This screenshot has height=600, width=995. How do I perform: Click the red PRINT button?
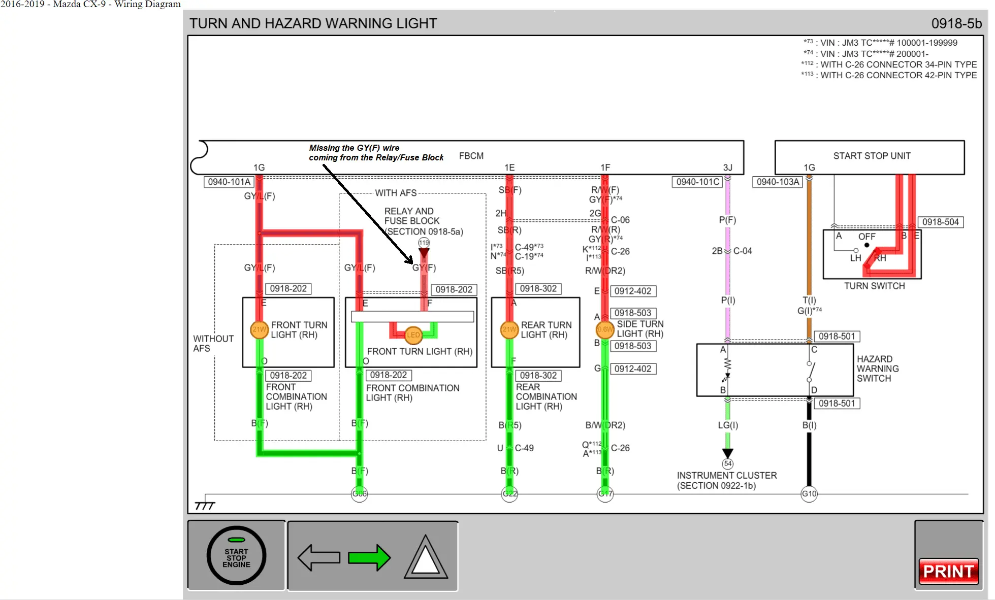point(948,571)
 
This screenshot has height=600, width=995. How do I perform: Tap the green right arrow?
point(369,558)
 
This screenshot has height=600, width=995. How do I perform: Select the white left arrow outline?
point(319,558)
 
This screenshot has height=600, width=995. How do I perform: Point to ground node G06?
point(360,493)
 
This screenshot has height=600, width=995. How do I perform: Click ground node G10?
point(809,493)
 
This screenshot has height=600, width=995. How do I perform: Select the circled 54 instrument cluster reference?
point(728,463)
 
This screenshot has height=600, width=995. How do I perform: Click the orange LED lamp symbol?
point(413,335)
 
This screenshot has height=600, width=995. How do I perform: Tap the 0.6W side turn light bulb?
point(604,329)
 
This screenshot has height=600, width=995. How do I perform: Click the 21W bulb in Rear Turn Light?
point(509,329)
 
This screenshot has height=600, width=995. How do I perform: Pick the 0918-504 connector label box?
point(940,222)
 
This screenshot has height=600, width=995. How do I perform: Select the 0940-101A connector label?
point(229,182)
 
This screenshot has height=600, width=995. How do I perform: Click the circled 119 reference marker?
point(424,243)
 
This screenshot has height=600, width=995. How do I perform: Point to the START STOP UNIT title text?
point(872,156)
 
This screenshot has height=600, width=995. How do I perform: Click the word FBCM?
point(471,156)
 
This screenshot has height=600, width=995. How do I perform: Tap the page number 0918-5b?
point(956,23)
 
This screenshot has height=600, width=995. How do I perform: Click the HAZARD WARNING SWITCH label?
point(877,369)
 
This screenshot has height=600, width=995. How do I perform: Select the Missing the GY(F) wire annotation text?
point(376,152)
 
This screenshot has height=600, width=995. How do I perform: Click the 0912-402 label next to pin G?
point(632,369)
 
